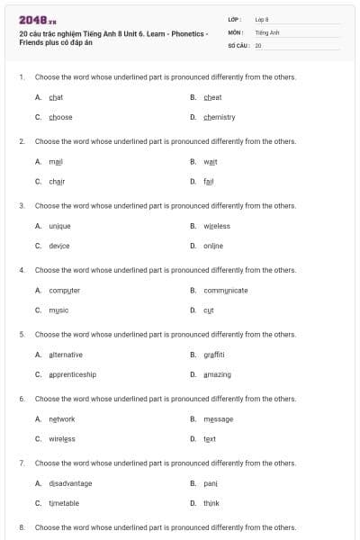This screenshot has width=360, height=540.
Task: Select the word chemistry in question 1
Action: click(219, 117)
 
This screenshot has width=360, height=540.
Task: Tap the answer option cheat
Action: click(212, 97)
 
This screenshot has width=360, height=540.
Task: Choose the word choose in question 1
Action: click(60, 117)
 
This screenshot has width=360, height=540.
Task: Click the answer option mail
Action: click(56, 161)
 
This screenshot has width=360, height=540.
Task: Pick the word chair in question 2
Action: click(57, 181)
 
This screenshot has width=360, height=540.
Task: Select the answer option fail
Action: click(209, 181)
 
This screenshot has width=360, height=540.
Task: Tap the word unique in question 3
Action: click(59, 226)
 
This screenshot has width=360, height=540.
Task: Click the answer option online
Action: click(212, 246)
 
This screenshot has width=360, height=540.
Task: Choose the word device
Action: click(58, 246)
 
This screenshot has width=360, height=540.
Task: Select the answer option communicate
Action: click(225, 290)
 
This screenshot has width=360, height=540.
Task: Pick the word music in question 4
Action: click(58, 310)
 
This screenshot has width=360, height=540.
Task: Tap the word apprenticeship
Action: click(72, 374)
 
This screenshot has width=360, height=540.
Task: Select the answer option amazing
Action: click(217, 374)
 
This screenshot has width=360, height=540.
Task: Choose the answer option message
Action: click(218, 418)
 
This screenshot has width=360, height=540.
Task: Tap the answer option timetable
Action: click(63, 503)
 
